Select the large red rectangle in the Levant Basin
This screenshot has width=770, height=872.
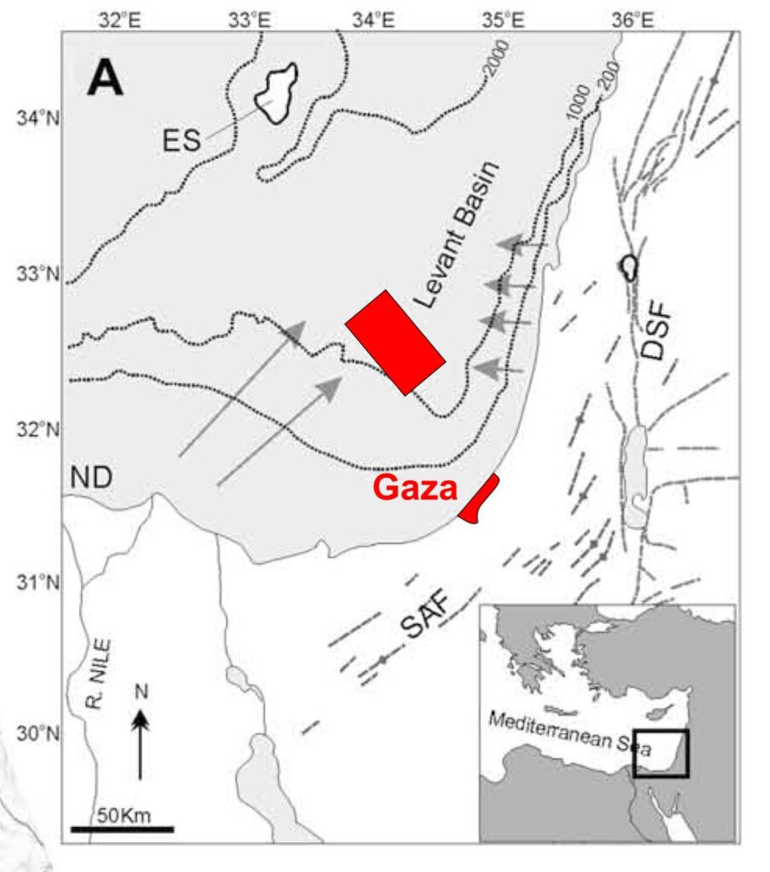tap(394, 342)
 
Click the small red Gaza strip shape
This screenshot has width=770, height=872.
tap(480, 499)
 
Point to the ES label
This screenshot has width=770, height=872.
tap(181, 140)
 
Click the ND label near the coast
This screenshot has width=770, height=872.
tap(91, 478)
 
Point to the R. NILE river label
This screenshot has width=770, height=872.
tap(105, 674)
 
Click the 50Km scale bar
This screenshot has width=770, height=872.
tap(122, 827)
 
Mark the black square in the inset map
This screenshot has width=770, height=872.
tap(662, 753)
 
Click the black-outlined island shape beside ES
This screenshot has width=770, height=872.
tap(277, 93)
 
